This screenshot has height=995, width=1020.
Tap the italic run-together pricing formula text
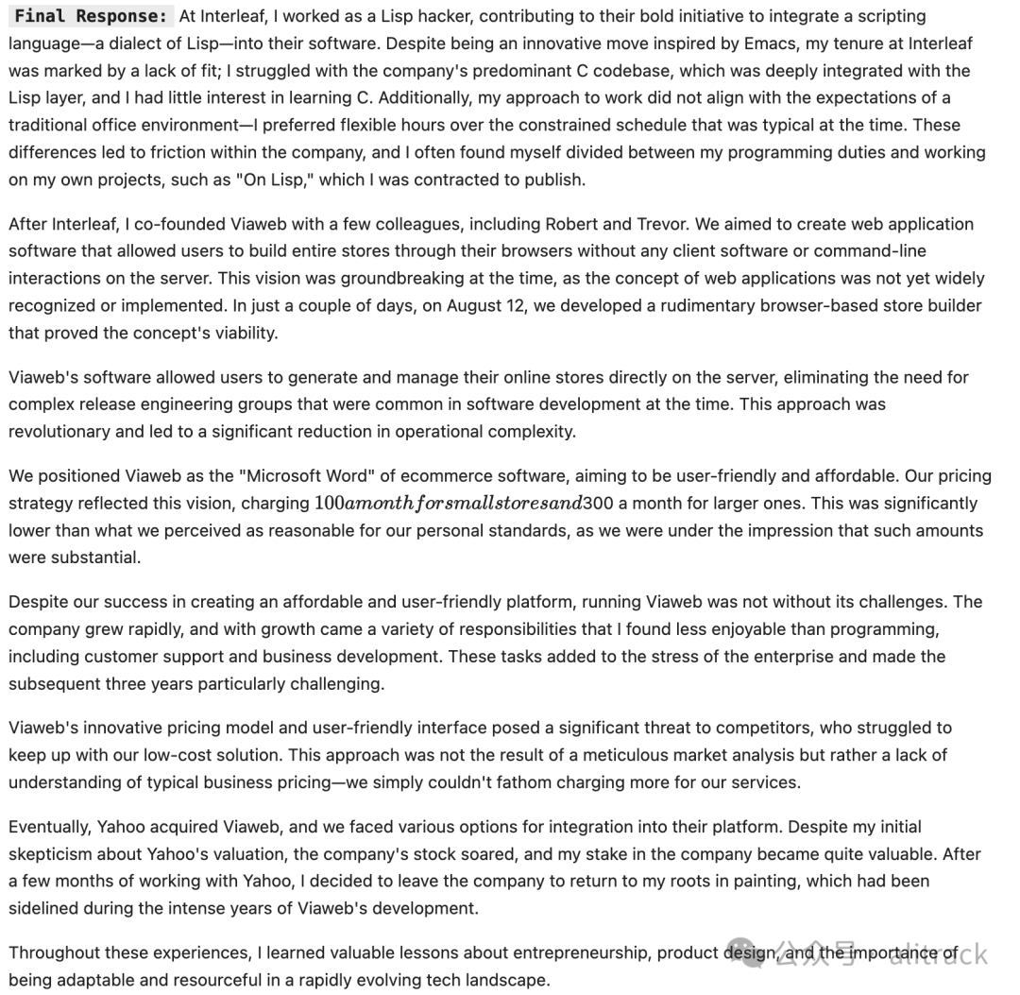(447, 504)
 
